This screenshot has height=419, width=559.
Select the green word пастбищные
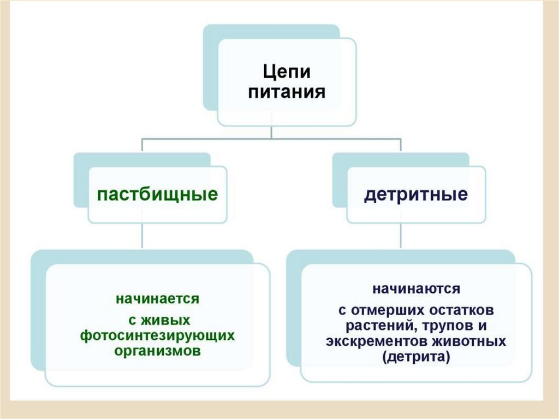click(x=158, y=195)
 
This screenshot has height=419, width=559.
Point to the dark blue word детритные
click(x=416, y=195)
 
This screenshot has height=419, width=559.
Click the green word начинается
click(x=157, y=299)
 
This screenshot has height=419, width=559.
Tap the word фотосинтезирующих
click(x=157, y=334)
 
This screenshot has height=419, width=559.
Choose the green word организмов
click(x=157, y=350)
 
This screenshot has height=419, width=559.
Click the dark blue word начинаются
click(x=416, y=288)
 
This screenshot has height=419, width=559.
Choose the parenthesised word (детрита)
click(x=416, y=358)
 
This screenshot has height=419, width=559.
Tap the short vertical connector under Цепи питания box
click(x=272, y=132)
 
